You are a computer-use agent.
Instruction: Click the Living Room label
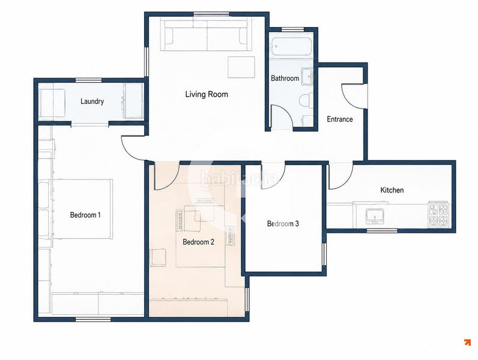[207, 94]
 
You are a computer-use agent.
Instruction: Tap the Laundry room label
[92, 101]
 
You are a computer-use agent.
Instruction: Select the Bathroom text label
[285, 78]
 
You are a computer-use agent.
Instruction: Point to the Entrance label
[340, 119]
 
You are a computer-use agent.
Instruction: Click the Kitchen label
[392, 190]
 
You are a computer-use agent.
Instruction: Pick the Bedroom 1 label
[85, 215]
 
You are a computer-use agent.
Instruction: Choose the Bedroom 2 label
[198, 242]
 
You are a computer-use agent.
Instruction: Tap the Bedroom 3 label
[283, 224]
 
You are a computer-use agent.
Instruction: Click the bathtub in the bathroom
[291, 47]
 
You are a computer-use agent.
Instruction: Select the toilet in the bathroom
[306, 100]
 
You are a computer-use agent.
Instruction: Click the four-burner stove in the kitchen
[438, 214]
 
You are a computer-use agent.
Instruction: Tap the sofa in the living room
[207, 35]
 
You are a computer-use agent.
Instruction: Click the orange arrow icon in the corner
[467, 343]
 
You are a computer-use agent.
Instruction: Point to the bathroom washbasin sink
[307, 76]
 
